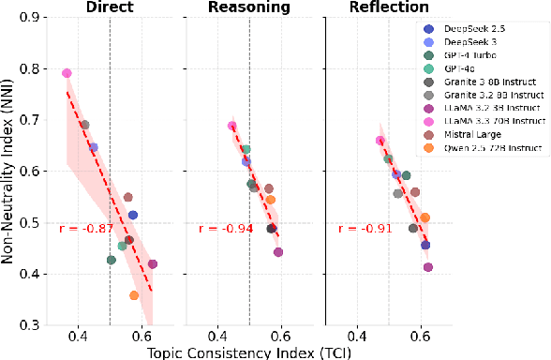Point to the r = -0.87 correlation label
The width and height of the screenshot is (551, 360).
tap(86, 229)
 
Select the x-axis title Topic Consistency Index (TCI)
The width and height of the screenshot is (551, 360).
tap(255, 352)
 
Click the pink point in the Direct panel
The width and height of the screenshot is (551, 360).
tap(67, 73)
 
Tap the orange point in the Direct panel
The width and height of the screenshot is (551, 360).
tap(134, 295)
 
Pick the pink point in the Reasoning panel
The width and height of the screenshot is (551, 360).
tap(232, 127)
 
